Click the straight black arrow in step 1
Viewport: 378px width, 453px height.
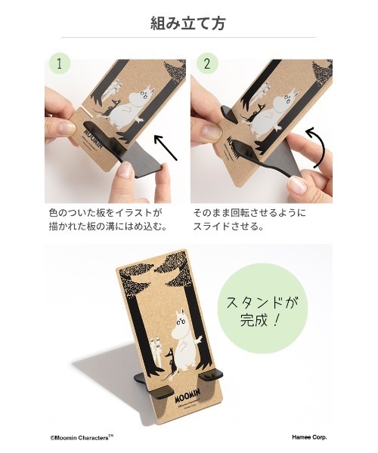coord(165,147)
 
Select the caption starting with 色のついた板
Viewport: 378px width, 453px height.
coord(106,220)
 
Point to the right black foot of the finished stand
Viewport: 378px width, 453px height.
coord(217,374)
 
